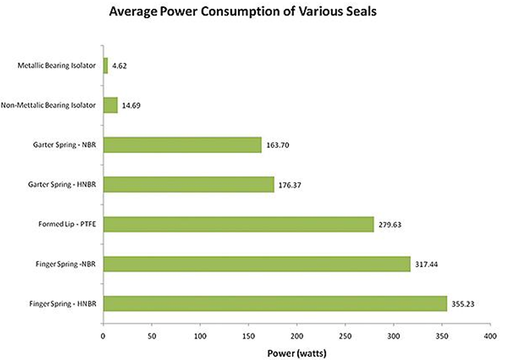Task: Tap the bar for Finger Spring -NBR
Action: click(256, 263)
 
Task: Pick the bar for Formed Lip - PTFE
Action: click(238, 224)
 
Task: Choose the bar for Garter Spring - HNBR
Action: click(188, 184)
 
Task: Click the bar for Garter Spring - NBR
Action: click(182, 144)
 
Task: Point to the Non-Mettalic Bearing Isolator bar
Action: click(110, 105)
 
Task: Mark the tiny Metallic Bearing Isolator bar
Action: click(105, 65)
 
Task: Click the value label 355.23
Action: click(463, 304)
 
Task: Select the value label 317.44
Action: click(426, 265)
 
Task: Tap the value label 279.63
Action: click(389, 225)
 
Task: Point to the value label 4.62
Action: click(120, 66)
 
